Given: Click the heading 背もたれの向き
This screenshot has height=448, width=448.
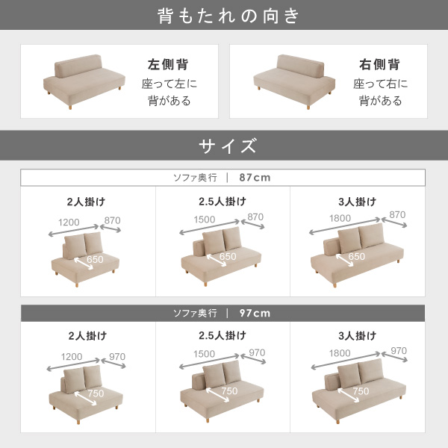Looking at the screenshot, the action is [x=228, y=16].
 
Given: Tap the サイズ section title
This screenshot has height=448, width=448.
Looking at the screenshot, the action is [x=228, y=146].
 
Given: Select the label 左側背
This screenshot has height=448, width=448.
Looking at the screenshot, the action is [x=168, y=64].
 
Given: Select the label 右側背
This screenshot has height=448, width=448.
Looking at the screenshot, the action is [x=379, y=64].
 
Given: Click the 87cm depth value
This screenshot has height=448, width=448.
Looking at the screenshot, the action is [x=255, y=178].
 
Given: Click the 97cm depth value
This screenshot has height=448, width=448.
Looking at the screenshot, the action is [x=255, y=313].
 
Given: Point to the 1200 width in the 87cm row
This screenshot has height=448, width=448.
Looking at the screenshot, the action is [x=69, y=222].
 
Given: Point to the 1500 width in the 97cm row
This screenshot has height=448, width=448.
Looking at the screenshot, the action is [x=204, y=354].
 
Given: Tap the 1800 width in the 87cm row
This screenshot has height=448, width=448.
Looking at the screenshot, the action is [x=340, y=218].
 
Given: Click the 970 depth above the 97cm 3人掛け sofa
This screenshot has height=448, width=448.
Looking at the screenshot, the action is [x=399, y=351].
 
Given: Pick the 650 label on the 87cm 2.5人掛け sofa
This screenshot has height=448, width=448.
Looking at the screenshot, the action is [x=228, y=256].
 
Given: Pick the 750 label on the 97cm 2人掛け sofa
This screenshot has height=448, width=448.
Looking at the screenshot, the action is [x=96, y=393].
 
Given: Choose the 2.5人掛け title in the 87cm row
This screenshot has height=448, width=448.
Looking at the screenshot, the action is [x=223, y=202].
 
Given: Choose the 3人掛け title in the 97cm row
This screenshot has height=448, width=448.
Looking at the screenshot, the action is [x=358, y=335].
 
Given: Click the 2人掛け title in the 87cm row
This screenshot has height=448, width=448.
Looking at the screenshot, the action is [x=87, y=202].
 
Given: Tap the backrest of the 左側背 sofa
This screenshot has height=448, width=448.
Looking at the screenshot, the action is [x=78, y=66].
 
